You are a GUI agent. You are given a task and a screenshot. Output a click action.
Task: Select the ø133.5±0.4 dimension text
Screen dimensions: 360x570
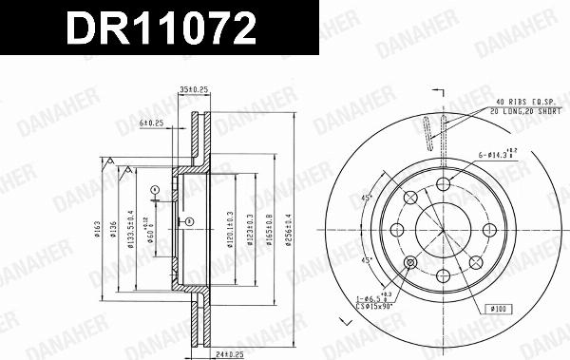coord(132,227)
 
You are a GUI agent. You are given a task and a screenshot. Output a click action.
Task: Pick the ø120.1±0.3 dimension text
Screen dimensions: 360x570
coord(231,227)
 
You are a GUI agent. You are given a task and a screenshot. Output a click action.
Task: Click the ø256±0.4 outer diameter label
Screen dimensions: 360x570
coord(289,227)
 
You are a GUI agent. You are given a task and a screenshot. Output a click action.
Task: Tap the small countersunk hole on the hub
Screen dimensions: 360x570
coord(409,263)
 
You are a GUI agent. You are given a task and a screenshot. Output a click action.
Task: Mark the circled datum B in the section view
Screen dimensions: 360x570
coord(189,221)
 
